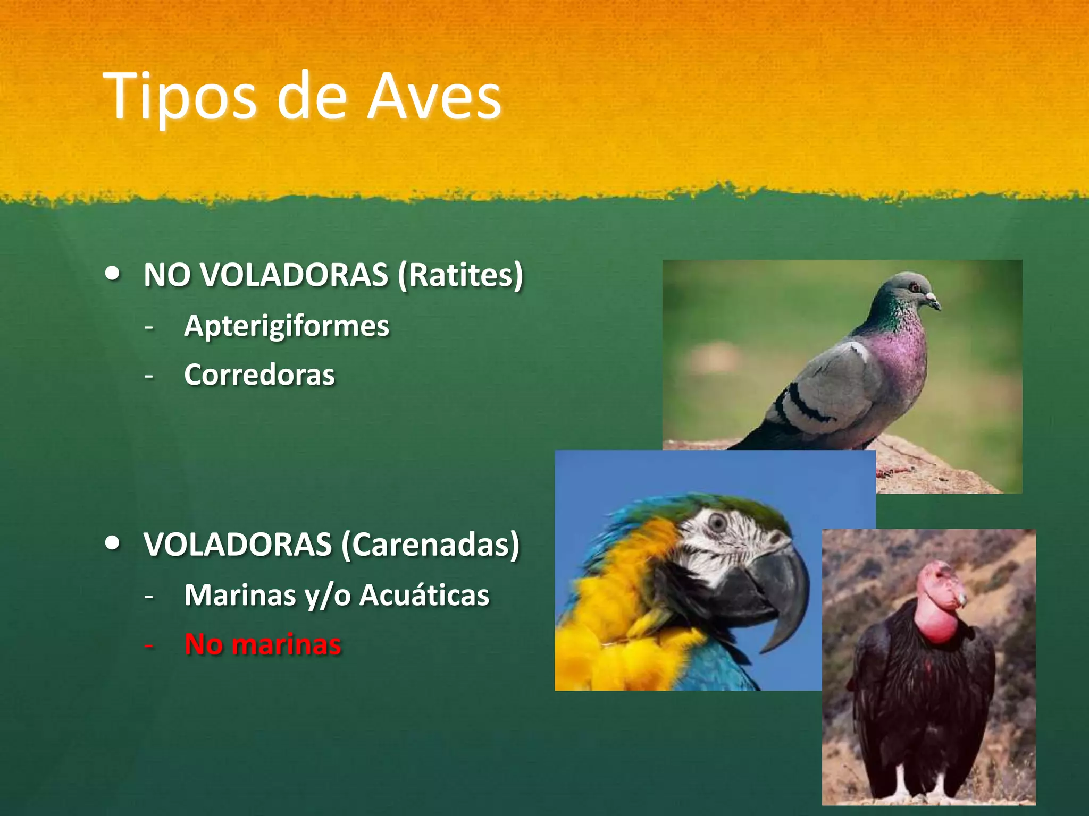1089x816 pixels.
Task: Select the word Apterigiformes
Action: pyautogui.click(x=286, y=326)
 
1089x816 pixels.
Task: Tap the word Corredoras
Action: pyautogui.click(x=259, y=375)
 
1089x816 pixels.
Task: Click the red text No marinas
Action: pyautogui.click(x=262, y=644)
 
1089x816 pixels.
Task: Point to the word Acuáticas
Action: pyautogui.click(x=424, y=595)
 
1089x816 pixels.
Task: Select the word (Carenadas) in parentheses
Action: pyautogui.click(x=430, y=545)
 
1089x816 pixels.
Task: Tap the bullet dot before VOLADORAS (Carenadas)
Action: pyautogui.click(x=112, y=543)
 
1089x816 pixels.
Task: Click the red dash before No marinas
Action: pyautogui.click(x=149, y=645)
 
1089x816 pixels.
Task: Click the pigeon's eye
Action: pyautogui.click(x=914, y=287)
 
